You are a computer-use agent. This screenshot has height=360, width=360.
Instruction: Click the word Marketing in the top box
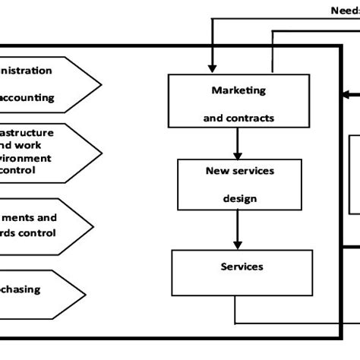238,90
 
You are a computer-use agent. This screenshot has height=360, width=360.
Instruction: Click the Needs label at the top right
344,11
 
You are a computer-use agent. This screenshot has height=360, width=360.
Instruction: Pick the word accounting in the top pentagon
29,97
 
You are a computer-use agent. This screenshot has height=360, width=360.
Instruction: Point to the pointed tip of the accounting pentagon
99,84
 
